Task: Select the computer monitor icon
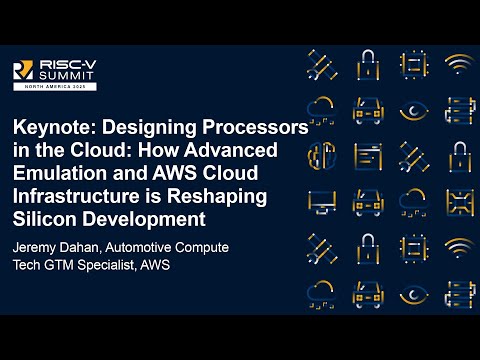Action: (322, 201)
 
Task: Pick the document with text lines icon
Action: (367, 155)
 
